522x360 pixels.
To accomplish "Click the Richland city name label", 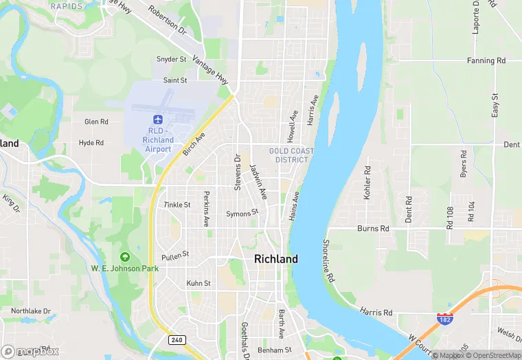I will coord(276,259).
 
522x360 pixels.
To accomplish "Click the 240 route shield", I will coord(177,339).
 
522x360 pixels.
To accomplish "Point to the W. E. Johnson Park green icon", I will coord(124,257).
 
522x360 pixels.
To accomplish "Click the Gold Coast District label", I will coord(292,155).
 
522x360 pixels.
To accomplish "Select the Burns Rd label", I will coord(373,228).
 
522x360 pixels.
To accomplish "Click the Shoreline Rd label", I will coord(328,261).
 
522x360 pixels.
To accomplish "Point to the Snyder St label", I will coord(172,60).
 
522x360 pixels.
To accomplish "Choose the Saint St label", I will coord(175,80).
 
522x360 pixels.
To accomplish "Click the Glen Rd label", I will coord(96,122).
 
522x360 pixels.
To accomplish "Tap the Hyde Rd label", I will coord(91,143).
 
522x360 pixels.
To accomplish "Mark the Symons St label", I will coord(242,213).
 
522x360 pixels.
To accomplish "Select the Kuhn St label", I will coord(198,283).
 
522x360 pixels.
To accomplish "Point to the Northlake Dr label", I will coord(31,311).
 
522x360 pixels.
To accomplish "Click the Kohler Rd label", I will coord(367,183).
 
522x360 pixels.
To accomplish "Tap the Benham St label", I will coord(275,350).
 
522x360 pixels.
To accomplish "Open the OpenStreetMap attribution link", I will coord(493,355).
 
